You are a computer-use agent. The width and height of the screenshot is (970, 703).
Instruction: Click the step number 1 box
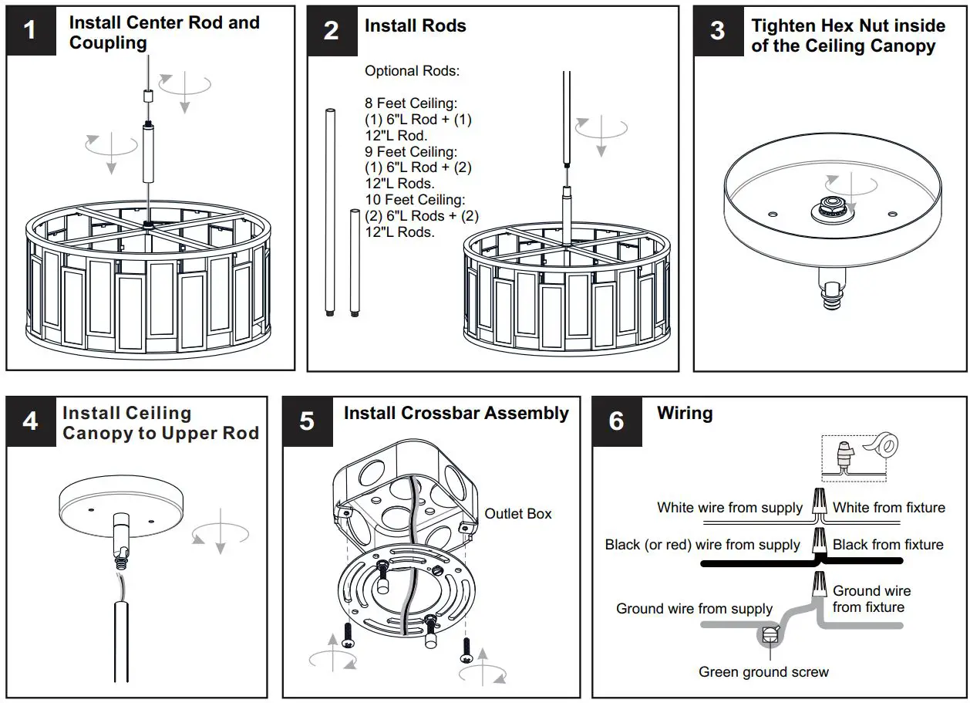coord(31,31)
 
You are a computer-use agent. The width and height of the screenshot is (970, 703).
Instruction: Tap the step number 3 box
coord(718,31)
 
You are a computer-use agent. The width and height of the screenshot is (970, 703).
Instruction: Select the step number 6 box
coord(617,421)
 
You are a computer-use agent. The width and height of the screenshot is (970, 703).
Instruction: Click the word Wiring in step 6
coord(685,414)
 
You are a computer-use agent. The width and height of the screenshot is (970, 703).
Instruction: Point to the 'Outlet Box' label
coord(518,514)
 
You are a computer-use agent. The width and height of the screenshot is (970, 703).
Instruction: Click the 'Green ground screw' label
coord(763,672)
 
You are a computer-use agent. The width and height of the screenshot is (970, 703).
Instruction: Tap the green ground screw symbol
coord(770,635)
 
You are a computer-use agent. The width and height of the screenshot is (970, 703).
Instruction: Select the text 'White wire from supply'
coord(729,508)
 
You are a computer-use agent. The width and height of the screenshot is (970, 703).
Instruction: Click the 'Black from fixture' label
coord(887,545)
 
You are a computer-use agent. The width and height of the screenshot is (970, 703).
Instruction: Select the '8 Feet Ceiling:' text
coord(411,103)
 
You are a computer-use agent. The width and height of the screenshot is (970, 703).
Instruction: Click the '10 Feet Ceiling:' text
coord(415,201)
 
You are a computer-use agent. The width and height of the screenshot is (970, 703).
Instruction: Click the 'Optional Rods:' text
coord(412,71)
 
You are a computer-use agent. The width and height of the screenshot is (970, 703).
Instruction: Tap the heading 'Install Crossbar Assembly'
coord(456,414)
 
